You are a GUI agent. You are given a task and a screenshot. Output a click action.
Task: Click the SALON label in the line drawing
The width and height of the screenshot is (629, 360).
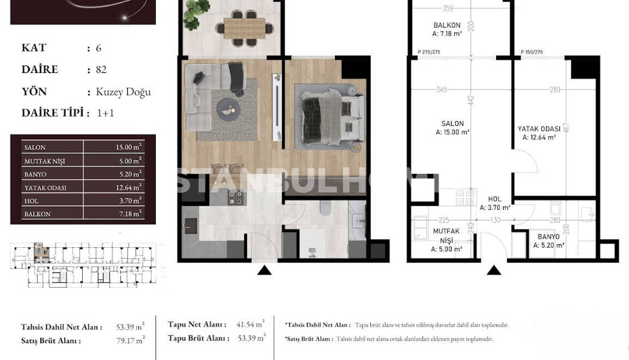tap(453, 124)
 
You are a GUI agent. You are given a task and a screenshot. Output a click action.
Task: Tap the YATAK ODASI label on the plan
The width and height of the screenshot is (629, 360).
tap(539, 129)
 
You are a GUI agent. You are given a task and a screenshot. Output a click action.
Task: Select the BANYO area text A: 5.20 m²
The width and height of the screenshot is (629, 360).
tap(548, 246)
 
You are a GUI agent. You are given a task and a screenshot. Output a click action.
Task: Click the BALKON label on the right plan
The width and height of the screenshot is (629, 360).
tap(447, 25)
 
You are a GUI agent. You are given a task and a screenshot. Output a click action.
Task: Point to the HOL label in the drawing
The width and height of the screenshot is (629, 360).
tap(494, 199)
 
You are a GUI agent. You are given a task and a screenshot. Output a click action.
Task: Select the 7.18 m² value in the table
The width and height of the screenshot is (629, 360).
tap(131, 213)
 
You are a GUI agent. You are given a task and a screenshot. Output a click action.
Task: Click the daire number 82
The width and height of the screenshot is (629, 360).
tap(101, 70)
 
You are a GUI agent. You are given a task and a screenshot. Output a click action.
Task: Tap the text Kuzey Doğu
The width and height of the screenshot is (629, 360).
tap(123, 91)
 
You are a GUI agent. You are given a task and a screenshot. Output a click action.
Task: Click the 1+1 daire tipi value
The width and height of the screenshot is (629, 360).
tap(105, 113)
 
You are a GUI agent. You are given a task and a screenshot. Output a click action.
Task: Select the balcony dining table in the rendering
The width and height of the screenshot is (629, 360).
tap(245, 27)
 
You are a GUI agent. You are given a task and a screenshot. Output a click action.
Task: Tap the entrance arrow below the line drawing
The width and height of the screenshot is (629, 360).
tap(494, 269)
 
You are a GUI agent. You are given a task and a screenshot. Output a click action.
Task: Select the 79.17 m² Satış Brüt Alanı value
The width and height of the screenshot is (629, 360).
tap(131, 340)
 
